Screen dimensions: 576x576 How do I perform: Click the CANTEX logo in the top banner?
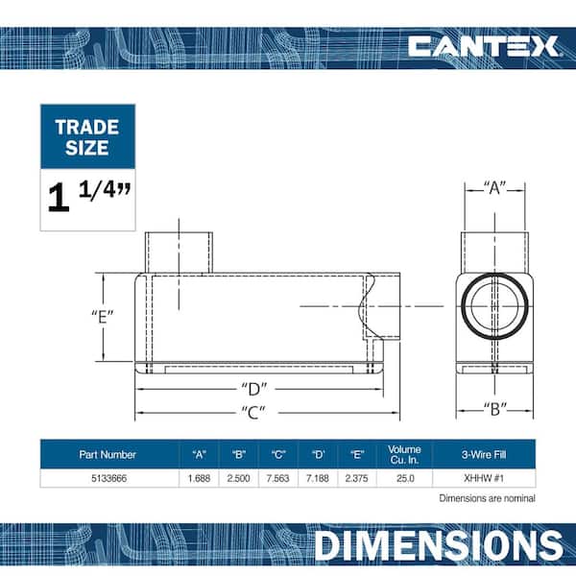tap(483, 46)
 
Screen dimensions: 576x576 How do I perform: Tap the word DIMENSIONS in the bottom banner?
tap(439, 545)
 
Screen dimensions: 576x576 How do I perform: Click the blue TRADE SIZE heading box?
tap(87, 136)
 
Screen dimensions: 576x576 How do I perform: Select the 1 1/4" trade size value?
tap(89, 197)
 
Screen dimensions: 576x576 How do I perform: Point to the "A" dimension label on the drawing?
tap(494, 188)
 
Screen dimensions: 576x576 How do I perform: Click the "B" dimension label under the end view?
tap(494, 409)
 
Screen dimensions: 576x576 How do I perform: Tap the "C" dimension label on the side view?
tap(253, 412)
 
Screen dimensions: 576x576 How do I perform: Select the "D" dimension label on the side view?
tap(253, 390)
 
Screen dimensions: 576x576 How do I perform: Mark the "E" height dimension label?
tap(103, 317)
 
